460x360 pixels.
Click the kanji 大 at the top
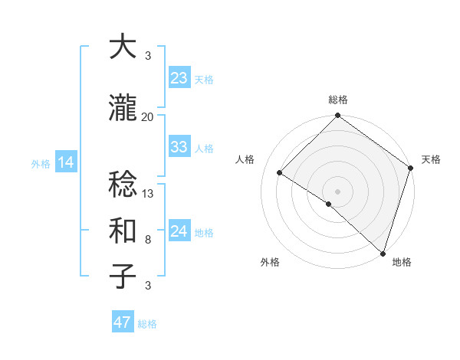point(123,47)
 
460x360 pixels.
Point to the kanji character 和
point(123,231)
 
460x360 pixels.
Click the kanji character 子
point(123,277)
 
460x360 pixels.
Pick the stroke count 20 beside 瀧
point(148,116)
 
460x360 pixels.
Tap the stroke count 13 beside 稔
point(148,194)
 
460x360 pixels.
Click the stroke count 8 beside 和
point(148,240)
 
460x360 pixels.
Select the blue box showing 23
point(179,78)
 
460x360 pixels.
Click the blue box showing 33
point(179,147)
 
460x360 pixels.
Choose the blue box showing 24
point(179,231)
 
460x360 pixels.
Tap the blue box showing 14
point(65,162)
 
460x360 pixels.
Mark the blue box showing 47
point(122,322)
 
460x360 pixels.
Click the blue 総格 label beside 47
point(147,324)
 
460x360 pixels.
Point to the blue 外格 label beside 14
point(41,163)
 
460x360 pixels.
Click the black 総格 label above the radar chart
point(338,100)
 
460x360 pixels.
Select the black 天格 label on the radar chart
point(431,159)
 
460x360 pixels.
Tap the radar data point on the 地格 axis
point(383,253)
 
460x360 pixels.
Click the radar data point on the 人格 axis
point(280,172)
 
